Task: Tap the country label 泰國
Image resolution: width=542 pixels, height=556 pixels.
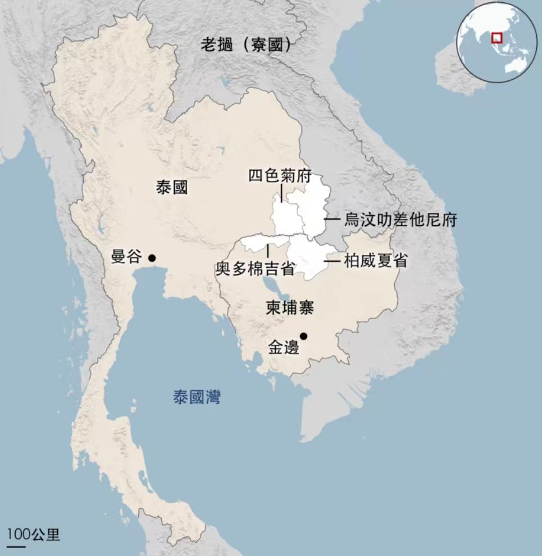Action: coord(172,188)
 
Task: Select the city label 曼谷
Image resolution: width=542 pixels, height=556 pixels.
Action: coord(126,257)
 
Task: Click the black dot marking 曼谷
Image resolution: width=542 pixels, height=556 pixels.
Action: coord(151,258)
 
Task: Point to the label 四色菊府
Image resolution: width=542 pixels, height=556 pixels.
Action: coord(280,176)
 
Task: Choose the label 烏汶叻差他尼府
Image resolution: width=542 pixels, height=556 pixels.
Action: coord(400,220)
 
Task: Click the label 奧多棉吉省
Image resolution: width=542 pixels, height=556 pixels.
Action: coord(256,269)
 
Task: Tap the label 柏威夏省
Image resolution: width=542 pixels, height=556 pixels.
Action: coord(375,261)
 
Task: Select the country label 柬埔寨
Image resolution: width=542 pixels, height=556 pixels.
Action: coord(290,308)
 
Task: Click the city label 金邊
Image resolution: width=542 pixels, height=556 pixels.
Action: coord(284,348)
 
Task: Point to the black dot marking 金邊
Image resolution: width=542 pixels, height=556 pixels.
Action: coord(303,336)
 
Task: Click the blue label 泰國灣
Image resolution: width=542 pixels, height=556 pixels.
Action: coord(197,398)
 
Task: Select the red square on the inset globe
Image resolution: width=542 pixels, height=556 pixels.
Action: coord(497,38)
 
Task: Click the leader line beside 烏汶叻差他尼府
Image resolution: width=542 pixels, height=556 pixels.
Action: coord(332,219)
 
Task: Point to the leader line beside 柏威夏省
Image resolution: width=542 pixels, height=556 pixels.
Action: coord(332,261)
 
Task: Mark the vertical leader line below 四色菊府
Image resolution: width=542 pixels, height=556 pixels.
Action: coord(281,193)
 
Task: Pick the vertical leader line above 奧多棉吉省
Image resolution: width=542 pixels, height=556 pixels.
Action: coord(268,250)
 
